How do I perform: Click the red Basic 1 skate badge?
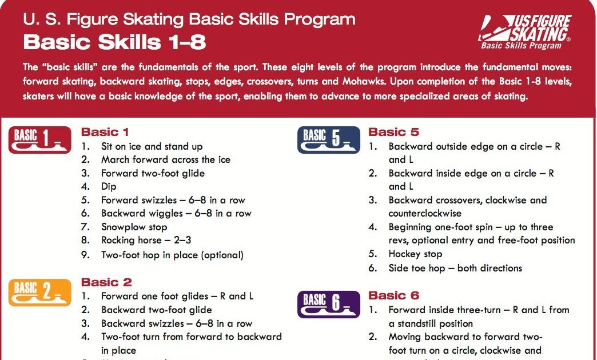point(39,140)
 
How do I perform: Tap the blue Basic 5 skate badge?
point(329,140)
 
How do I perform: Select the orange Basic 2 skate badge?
point(39,291)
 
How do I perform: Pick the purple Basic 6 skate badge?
point(329,304)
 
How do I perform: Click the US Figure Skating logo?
point(526,31)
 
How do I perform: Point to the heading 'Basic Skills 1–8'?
point(114,42)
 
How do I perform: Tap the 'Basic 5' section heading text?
point(394,132)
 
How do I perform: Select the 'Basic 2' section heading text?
point(106,282)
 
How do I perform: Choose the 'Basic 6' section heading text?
point(394,295)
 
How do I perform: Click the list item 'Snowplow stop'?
point(134,227)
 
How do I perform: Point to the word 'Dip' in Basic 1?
point(109,186)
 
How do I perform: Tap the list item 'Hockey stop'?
point(415,254)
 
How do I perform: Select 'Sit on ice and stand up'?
point(152,146)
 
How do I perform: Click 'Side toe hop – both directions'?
point(455,267)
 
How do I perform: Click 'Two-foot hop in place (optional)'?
point(172,255)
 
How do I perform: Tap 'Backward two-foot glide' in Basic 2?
point(156,310)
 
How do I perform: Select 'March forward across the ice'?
point(165,159)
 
